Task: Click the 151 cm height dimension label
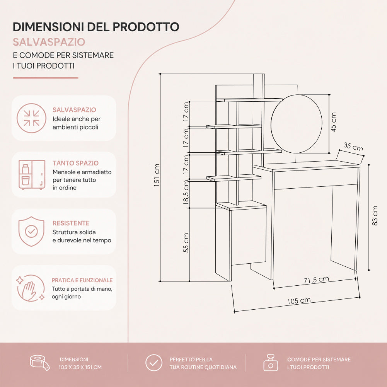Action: pos(157,175)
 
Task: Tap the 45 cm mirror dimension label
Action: pos(333,122)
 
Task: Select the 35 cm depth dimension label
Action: pos(353,147)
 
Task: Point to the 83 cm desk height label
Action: pos(375,216)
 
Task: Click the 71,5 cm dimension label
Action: pos(316,280)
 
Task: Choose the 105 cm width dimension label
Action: pos(299,301)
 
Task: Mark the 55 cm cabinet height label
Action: pos(186,243)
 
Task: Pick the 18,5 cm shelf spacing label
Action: pos(186,192)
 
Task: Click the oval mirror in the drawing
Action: pos(297,124)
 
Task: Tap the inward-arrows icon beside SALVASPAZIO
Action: pos(32,118)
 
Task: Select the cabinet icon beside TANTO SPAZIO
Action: pos(32,175)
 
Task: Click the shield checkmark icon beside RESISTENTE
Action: pos(31,231)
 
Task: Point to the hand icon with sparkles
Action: pos(31,288)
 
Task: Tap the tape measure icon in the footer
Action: pos(40,363)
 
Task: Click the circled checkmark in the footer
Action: pos(154,363)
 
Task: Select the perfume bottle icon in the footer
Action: pos(271,363)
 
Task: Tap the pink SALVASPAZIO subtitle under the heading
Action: pos(49,42)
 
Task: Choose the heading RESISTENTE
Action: pos(71,223)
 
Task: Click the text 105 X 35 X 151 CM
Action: pos(80,367)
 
